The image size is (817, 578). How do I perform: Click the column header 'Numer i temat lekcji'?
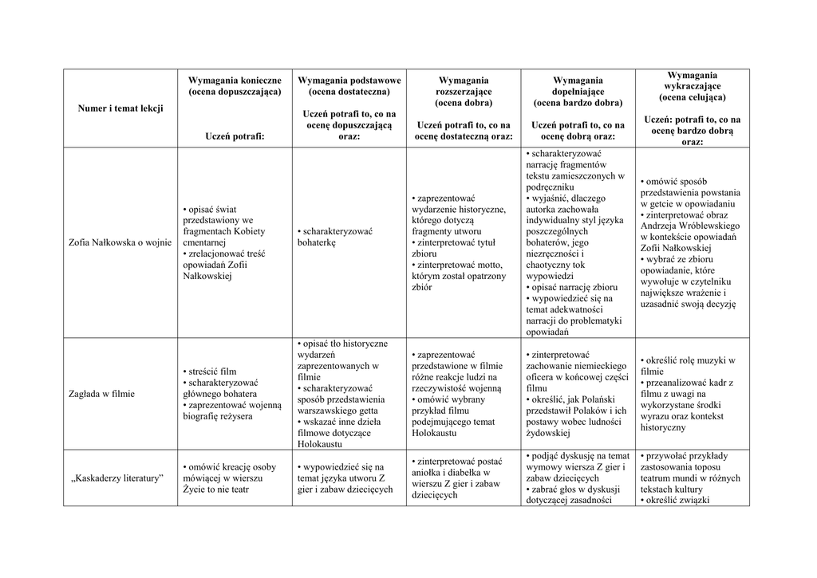point(120,108)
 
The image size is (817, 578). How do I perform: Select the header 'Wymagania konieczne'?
point(235,81)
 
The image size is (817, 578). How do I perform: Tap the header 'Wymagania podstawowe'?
point(349,81)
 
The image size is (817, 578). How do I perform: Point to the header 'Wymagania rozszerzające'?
point(464,86)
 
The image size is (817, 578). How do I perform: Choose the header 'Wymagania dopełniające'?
point(578,86)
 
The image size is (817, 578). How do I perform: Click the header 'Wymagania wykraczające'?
point(692,81)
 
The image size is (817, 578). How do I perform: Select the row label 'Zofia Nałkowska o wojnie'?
point(120,242)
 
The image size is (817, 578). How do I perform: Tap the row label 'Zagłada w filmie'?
point(101,394)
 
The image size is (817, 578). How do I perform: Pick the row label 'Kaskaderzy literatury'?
point(116,478)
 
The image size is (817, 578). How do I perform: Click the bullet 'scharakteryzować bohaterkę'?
point(337,237)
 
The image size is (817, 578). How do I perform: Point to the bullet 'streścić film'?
point(211,372)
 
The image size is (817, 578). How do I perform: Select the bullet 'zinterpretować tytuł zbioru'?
point(454,248)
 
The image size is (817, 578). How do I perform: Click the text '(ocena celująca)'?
point(692,97)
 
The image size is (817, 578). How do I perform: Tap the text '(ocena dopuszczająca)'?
point(235,92)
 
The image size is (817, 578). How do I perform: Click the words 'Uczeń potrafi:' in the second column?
point(235,136)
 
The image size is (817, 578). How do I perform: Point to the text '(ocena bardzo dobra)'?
point(578,103)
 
